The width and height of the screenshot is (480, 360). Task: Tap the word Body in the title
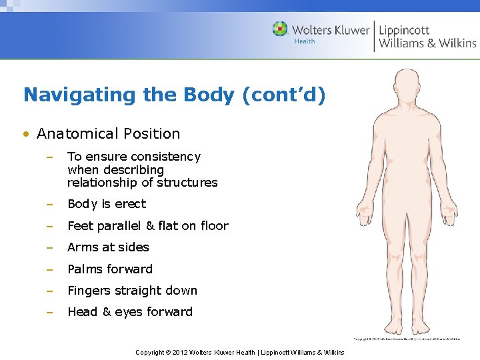[205, 95]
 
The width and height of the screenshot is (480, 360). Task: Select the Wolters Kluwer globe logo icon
[281, 29]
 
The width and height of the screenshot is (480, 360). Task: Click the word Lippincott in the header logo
[404, 29]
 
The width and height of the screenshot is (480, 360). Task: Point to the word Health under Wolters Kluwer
[305, 41]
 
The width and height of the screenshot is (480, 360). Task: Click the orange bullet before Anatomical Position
[25, 134]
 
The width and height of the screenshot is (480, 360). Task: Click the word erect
[131, 204]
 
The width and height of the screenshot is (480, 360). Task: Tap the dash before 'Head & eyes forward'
[49, 312]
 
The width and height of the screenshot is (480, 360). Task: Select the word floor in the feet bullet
[215, 226]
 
